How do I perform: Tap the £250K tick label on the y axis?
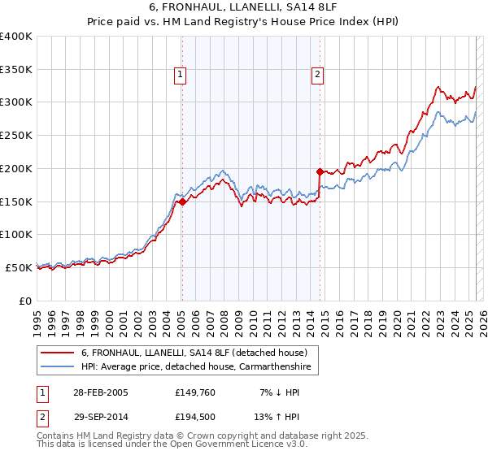(x=16, y=135)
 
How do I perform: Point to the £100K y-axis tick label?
(x=16, y=234)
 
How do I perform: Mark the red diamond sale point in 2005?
(x=182, y=202)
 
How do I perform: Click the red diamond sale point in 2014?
(x=320, y=171)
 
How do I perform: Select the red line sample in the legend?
(x=58, y=353)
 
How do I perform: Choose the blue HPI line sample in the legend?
(x=58, y=367)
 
